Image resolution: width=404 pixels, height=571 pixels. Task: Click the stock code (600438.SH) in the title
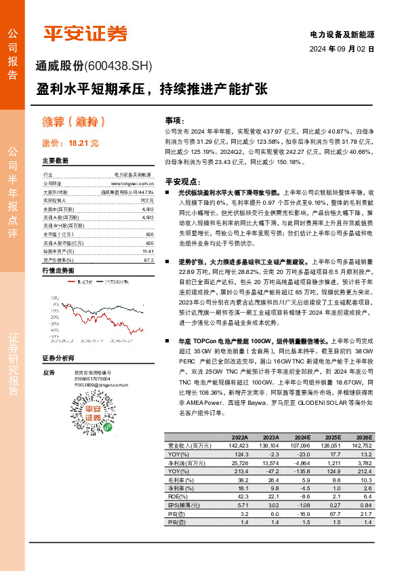pos(119,66)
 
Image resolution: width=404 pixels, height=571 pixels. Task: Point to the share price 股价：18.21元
pos(70,144)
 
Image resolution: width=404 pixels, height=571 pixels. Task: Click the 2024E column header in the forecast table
pos(303,437)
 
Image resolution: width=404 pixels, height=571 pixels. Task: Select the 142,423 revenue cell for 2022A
pos(239,446)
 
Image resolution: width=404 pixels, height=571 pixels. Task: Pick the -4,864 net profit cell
pos(302,461)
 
